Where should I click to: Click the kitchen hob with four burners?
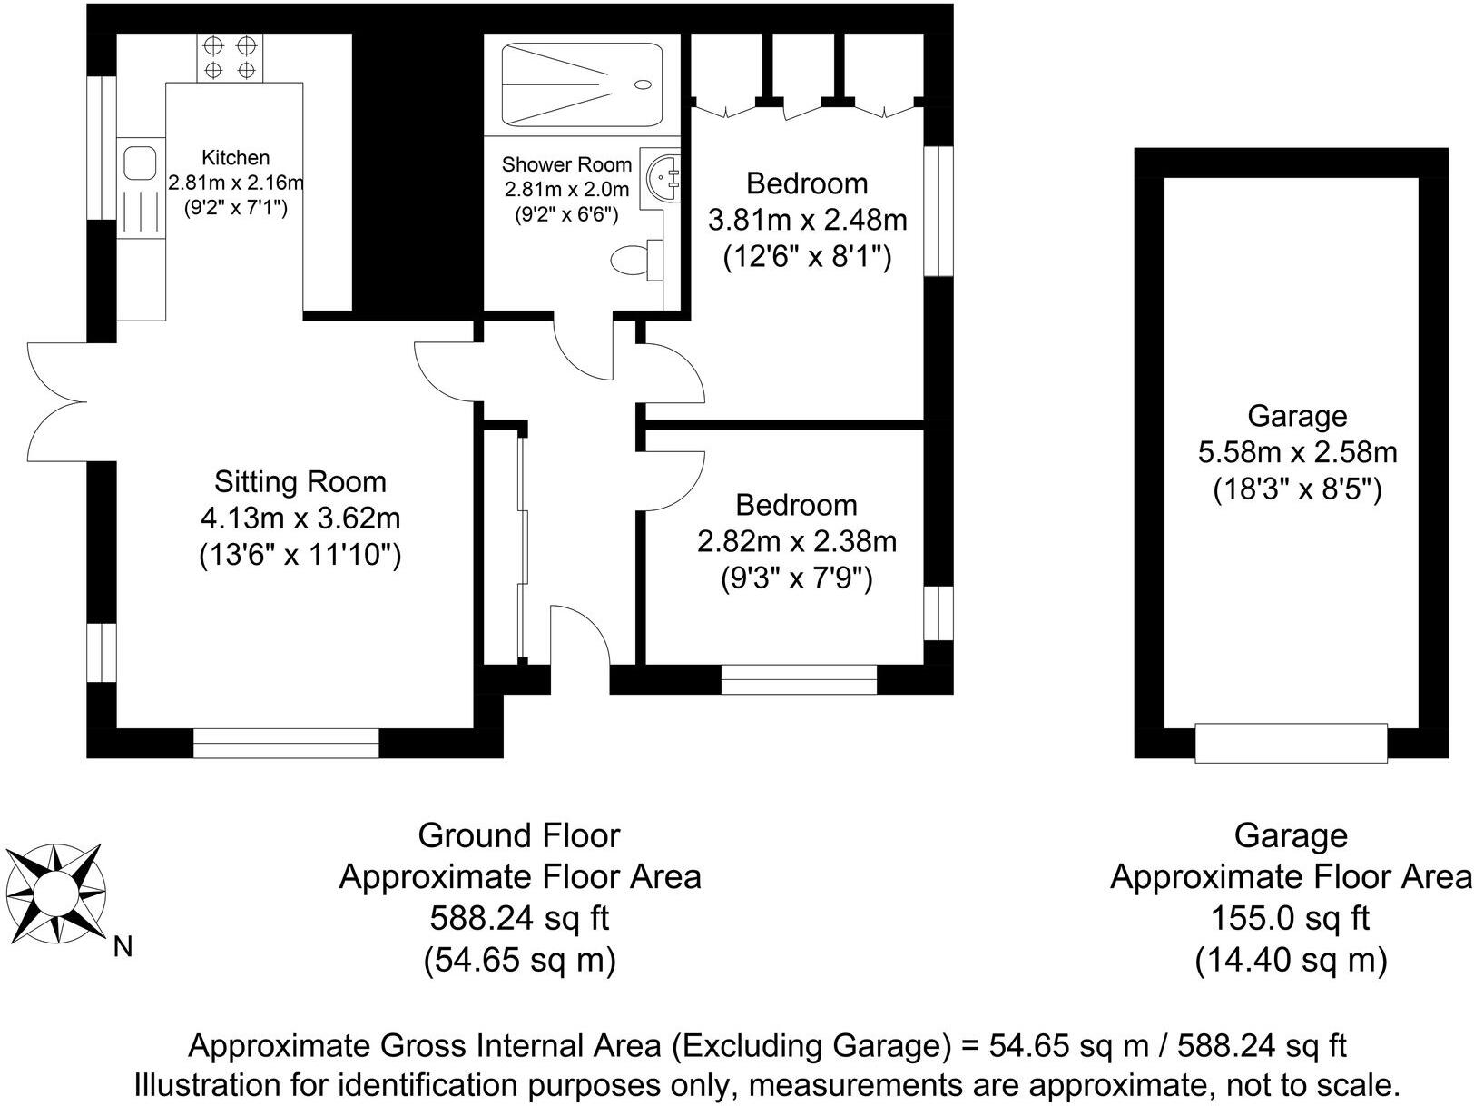point(230,58)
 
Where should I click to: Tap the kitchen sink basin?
point(141,163)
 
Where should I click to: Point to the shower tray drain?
point(643,84)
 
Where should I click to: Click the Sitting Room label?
point(300,482)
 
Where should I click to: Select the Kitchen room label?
point(236,158)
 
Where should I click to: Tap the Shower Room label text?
point(566,164)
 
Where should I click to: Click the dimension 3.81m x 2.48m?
point(807,220)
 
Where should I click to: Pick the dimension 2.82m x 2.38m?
point(796,541)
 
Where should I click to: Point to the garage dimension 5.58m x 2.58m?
point(1297,452)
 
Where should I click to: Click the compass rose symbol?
point(55,894)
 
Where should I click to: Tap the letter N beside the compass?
point(123,947)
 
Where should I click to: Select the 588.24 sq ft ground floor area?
point(520,918)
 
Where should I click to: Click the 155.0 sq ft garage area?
point(1290,918)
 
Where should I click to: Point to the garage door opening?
point(1291,743)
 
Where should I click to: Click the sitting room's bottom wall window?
point(286,744)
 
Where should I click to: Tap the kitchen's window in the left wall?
point(102,148)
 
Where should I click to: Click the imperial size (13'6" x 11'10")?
point(300,556)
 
